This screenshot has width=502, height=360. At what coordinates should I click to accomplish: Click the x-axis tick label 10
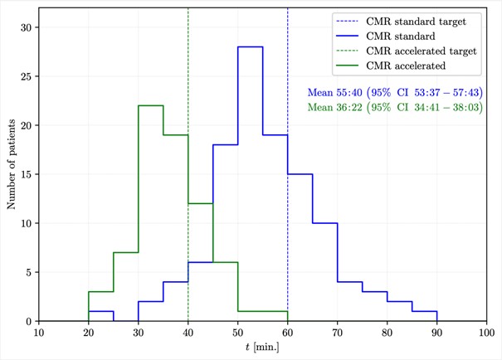pos(39,333)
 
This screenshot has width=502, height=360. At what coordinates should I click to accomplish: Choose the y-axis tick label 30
pos(26,27)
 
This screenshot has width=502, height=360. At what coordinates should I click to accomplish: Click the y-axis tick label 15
pos(26,174)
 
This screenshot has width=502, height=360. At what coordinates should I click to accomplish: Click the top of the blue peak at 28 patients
pos(251,47)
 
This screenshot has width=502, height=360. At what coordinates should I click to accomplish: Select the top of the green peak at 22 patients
pos(151,106)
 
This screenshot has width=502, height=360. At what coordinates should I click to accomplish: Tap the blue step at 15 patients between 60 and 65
pos(300,174)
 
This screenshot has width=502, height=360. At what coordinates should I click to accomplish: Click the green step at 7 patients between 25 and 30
pos(126,253)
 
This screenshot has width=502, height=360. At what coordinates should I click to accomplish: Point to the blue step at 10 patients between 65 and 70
pos(325,223)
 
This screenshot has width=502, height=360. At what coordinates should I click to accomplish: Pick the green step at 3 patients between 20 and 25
pos(101,292)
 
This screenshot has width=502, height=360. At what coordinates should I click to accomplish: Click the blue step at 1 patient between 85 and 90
pos(425,311)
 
